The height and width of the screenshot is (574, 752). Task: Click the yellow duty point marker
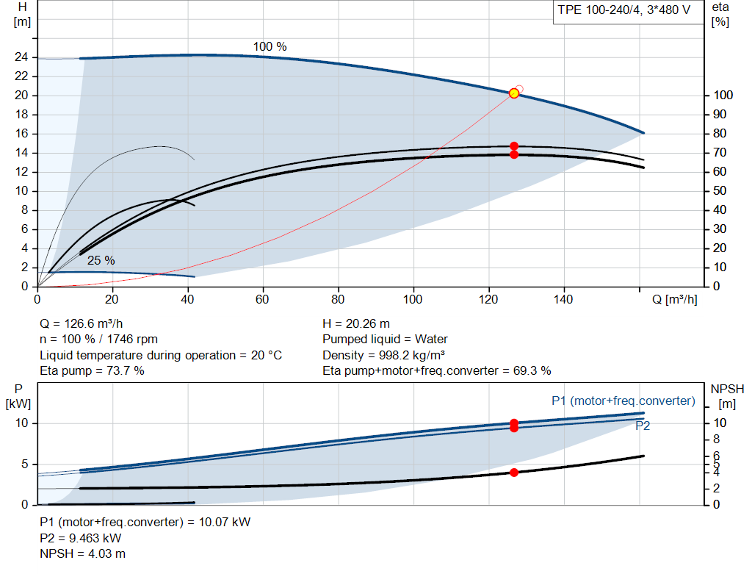pyautogui.click(x=513, y=93)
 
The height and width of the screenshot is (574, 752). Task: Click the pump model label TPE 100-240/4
pyautogui.click(x=599, y=10)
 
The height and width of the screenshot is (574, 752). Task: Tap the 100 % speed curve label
pyautogui.click(x=270, y=46)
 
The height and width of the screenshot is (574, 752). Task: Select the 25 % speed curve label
pyautogui.click(x=101, y=260)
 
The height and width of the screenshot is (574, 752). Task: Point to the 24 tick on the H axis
pyautogui.click(x=21, y=57)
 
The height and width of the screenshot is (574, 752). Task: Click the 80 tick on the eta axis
pyautogui.click(x=720, y=134)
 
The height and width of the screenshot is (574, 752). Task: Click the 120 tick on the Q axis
pyautogui.click(x=488, y=299)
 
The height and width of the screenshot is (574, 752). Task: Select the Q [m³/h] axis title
pyautogui.click(x=674, y=299)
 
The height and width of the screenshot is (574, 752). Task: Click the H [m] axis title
pyautogui.click(x=22, y=15)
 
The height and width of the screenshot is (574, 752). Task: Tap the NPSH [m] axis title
pyautogui.click(x=727, y=396)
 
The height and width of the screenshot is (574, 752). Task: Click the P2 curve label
pyautogui.click(x=643, y=426)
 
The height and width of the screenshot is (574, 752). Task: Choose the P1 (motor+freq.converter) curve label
pyautogui.click(x=623, y=401)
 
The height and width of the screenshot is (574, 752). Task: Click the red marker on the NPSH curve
pyautogui.click(x=514, y=473)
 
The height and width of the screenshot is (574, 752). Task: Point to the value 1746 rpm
pyautogui.click(x=132, y=340)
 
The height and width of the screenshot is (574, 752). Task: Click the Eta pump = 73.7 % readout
pyautogui.click(x=92, y=370)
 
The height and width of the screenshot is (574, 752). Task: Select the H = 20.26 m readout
pyautogui.click(x=356, y=323)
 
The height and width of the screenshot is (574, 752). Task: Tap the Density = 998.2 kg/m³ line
pyautogui.click(x=383, y=355)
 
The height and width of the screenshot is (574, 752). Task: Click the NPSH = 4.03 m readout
pyautogui.click(x=82, y=553)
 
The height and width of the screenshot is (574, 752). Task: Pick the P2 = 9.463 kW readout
pyautogui.click(x=81, y=538)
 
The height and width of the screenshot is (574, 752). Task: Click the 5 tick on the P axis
pyautogui.click(x=24, y=464)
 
